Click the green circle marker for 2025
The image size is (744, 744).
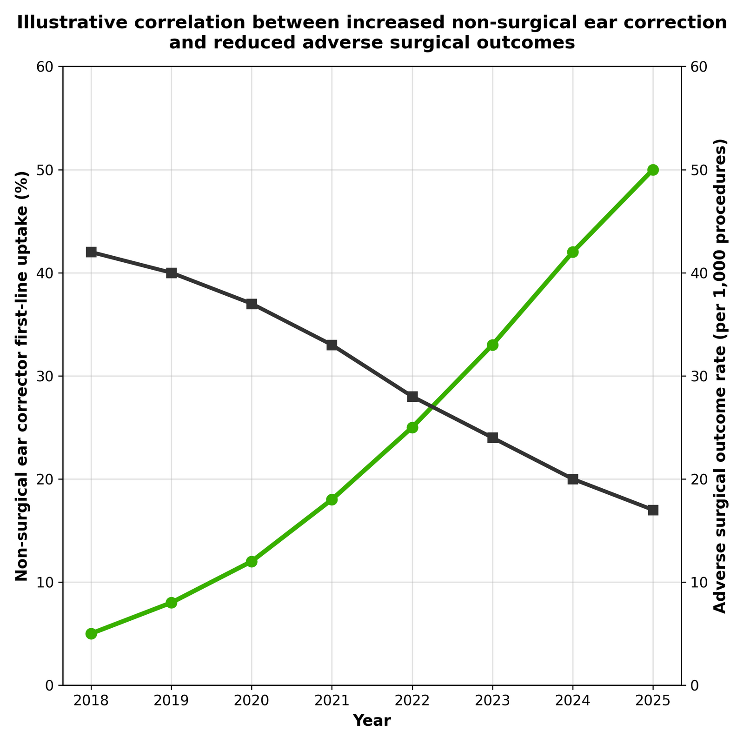(653, 170)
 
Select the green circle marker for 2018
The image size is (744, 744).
(91, 633)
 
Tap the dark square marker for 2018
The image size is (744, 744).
(91, 252)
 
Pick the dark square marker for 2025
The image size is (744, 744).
(653, 510)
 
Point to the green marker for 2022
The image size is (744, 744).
(412, 427)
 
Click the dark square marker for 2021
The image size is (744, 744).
(332, 345)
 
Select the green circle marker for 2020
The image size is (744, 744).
(252, 561)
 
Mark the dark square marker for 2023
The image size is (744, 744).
(492, 438)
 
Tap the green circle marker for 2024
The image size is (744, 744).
(573, 252)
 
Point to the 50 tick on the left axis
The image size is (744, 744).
(47, 170)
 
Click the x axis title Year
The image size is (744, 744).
(372, 720)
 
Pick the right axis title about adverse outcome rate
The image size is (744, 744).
(719, 376)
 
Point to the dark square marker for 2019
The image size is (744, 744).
(171, 273)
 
